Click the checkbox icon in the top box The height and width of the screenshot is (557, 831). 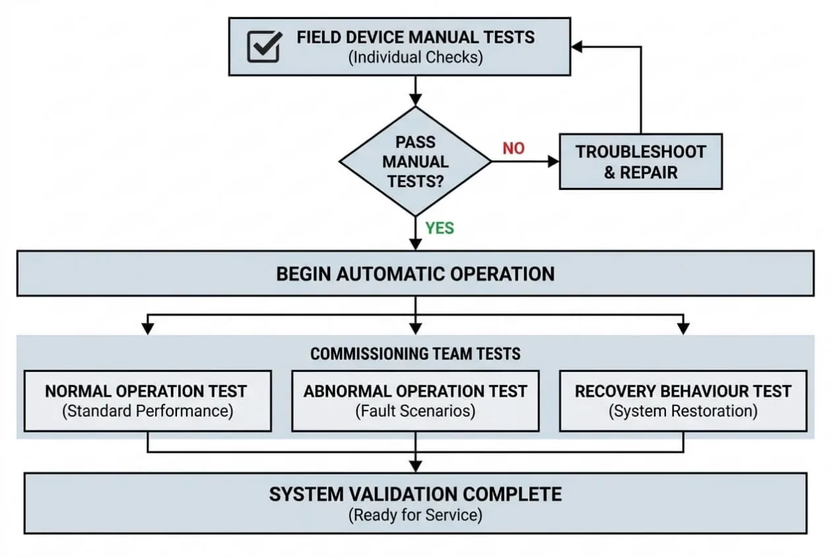coord(265,46)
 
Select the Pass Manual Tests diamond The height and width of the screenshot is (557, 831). coord(415,161)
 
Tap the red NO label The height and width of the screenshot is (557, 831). coord(514,148)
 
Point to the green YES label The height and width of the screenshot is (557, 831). coord(439,228)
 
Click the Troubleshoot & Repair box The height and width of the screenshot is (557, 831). coord(641,161)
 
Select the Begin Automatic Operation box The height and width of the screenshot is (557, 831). coord(416,274)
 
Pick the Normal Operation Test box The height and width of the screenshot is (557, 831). coord(148,401)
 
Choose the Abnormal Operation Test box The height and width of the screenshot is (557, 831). coord(415,401)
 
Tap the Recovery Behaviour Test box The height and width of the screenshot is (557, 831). coord(683,401)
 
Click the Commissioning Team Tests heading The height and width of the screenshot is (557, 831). coord(415,353)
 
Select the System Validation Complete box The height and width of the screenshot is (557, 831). coord(416,503)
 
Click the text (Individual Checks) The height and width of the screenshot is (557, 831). coord(416,57)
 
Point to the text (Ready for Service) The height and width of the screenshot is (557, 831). coord(416,515)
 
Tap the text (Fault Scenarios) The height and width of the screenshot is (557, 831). coord(415,411)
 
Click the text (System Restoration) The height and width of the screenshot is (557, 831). coord(683,411)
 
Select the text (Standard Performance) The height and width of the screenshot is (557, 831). coord(148,411)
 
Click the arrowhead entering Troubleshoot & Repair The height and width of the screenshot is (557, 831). coord(553,161)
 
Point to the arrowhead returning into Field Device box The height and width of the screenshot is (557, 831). coord(577,47)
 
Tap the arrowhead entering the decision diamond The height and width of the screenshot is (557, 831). coord(415,100)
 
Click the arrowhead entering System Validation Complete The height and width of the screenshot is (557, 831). coord(415,467)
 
